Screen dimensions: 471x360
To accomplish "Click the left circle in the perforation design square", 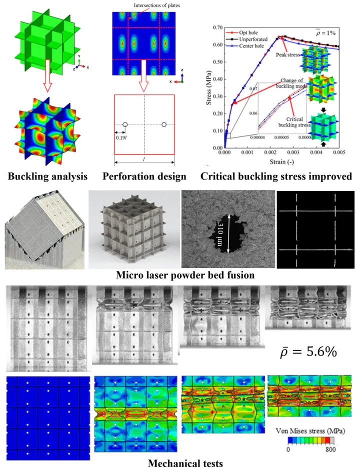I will pos(125,124).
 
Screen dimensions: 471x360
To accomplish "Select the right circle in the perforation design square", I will pos(163,124).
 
